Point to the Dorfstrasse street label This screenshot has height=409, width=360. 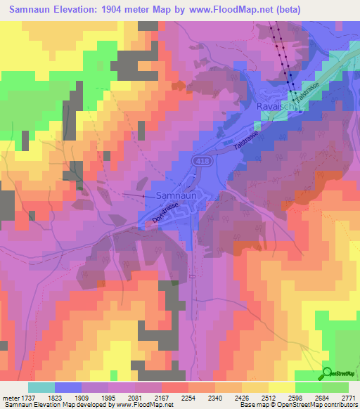pos(166,212)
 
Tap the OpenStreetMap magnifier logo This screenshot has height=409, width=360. pos(328,373)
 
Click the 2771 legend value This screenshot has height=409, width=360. pos(350,397)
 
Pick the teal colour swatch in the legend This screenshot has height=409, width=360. pos(41,387)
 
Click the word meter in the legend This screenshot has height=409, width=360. pos(11,397)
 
